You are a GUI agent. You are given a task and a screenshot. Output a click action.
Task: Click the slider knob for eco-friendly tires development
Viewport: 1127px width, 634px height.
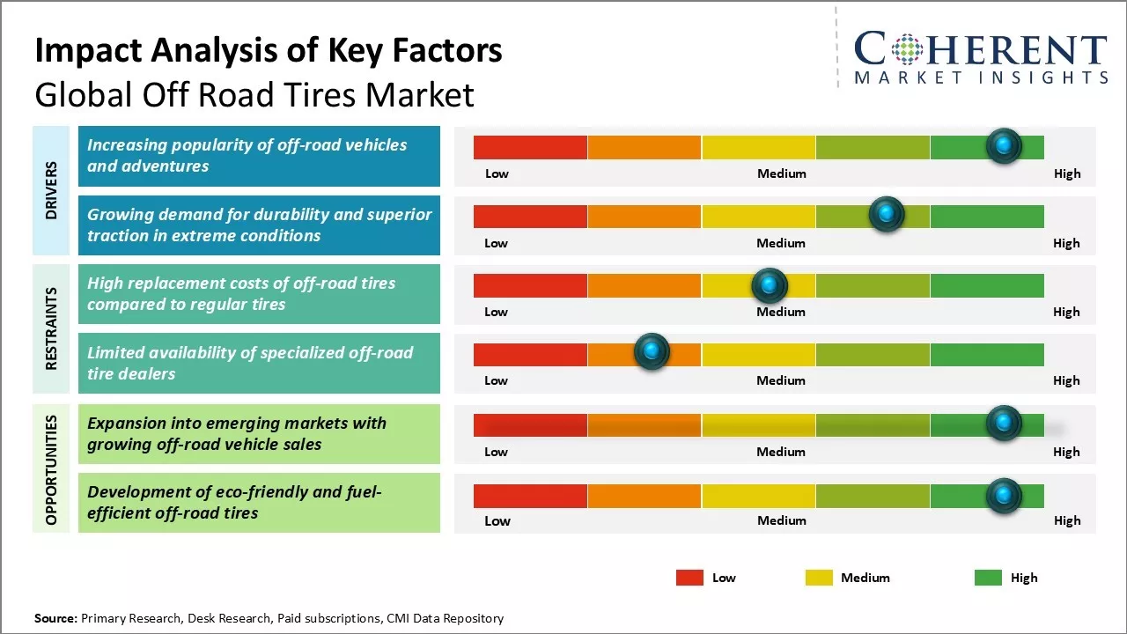point(1003,496)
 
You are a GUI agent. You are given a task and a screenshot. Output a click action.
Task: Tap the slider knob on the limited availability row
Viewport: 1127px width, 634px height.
point(652,352)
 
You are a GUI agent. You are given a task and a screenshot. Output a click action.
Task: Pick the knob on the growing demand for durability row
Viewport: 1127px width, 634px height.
point(886,214)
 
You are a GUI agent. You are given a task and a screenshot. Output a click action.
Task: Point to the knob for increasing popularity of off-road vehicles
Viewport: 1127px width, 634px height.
point(1003,145)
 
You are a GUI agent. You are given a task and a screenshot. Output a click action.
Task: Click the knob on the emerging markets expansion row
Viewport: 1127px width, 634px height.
point(1003,424)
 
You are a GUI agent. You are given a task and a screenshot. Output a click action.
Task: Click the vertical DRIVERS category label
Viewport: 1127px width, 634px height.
point(51,190)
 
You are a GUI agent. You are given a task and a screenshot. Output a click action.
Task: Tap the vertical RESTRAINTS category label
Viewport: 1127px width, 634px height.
point(51,328)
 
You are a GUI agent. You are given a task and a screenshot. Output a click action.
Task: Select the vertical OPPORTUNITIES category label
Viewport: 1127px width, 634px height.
point(51,469)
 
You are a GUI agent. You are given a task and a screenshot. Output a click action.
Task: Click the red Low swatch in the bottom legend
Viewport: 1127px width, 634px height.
point(689,578)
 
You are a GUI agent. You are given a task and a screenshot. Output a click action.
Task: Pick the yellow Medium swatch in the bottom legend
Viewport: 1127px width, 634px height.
point(819,578)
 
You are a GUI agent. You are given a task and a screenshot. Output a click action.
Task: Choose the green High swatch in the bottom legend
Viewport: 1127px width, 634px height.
point(988,578)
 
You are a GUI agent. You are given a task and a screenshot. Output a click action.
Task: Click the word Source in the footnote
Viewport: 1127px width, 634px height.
point(55,618)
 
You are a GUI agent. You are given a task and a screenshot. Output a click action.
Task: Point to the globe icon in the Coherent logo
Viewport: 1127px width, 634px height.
point(906,49)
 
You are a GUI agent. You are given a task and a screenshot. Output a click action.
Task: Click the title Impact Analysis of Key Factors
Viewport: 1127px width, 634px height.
point(269,50)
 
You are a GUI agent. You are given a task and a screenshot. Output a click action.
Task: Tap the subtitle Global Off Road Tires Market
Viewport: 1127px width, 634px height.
point(254,94)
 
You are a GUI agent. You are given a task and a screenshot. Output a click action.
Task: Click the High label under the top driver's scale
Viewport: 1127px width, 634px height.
point(1067,173)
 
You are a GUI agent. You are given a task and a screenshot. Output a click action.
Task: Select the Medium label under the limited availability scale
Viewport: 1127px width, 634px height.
point(781,380)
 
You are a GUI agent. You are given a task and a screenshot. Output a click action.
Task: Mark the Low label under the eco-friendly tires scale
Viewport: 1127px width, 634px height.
point(497,520)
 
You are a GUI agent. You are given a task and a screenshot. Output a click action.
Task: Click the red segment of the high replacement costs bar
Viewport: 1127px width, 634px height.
point(530,285)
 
